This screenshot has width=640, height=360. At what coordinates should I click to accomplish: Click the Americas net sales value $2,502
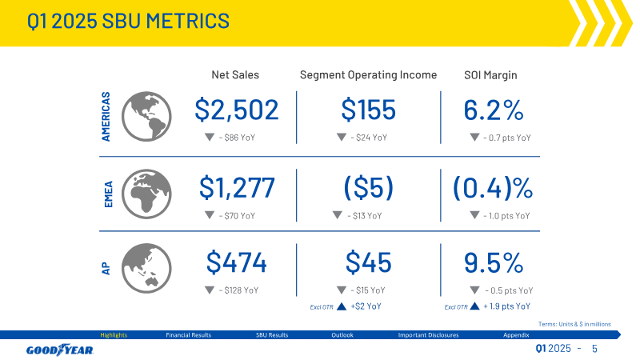[236, 110]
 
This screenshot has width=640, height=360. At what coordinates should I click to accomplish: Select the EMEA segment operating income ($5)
[369, 188]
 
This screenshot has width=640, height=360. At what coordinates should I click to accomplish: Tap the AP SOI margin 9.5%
[494, 263]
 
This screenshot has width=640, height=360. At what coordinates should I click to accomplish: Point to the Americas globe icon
[146, 117]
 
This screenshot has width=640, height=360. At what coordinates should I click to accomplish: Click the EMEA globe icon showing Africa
[146, 194]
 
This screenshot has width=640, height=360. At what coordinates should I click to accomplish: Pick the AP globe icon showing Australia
[146, 269]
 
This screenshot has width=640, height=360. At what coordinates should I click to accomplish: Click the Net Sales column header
[235, 74]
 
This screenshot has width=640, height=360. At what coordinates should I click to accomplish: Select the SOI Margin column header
[490, 75]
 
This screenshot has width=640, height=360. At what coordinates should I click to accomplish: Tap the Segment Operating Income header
[368, 75]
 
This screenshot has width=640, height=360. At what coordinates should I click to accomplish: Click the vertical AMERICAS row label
[106, 117]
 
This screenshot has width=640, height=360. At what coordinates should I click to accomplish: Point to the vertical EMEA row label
[108, 194]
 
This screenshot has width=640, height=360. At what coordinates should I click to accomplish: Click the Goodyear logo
[60, 350]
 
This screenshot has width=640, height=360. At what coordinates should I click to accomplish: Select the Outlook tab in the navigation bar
[342, 335]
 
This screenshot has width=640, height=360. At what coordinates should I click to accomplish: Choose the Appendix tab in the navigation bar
[516, 335]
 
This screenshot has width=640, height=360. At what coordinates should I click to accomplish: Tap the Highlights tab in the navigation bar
[114, 335]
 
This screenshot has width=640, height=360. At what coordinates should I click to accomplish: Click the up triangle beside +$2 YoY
[342, 306]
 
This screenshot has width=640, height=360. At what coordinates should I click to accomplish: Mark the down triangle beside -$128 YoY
[210, 290]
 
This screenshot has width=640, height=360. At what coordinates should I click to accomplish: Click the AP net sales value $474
[236, 262]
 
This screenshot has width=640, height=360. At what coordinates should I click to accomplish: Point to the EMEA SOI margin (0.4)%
[493, 188]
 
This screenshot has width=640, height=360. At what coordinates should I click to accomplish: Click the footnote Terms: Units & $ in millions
[574, 324]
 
